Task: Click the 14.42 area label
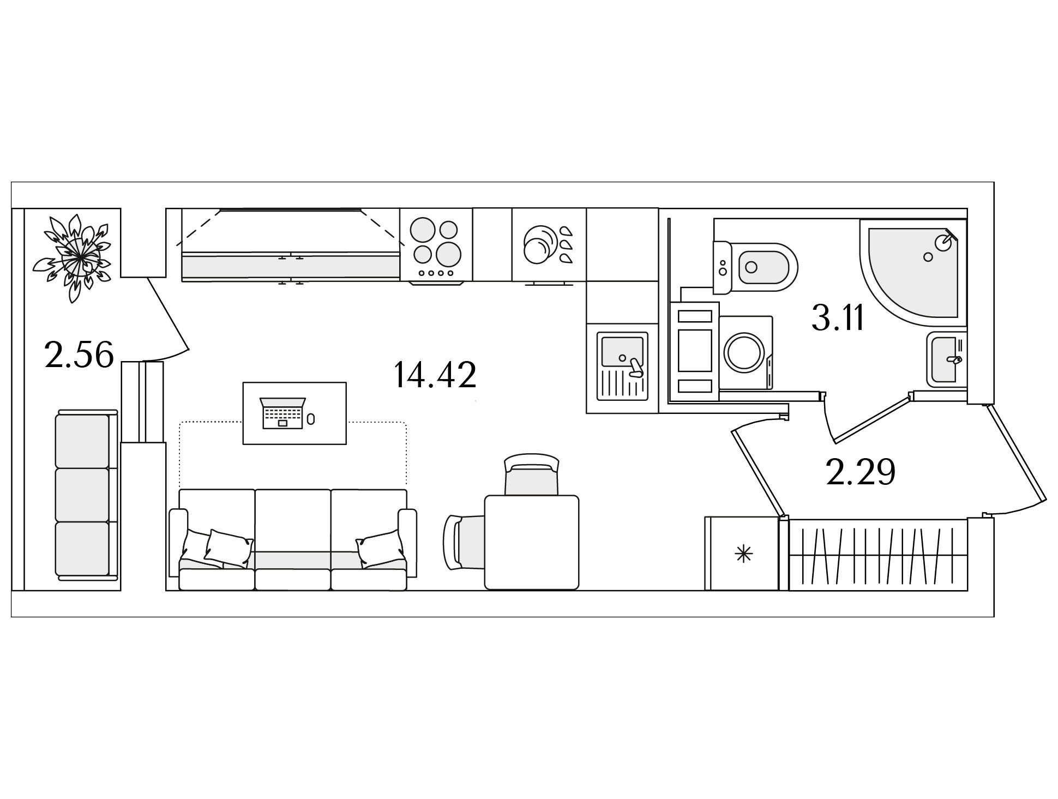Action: click(x=435, y=375)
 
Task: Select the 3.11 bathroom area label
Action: click(x=838, y=317)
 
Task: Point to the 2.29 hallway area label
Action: click(x=861, y=472)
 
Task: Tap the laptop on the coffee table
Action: click(x=283, y=412)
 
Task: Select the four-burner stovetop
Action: click(x=436, y=246)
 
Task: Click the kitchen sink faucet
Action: click(x=636, y=367)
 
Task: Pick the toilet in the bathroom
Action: click(x=755, y=267)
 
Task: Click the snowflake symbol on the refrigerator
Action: click(x=743, y=555)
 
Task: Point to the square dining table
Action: click(x=532, y=542)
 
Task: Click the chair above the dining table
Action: click(x=532, y=474)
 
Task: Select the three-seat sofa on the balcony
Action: click(x=87, y=495)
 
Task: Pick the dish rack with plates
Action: click(x=549, y=246)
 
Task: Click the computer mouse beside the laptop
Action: click(x=310, y=419)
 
